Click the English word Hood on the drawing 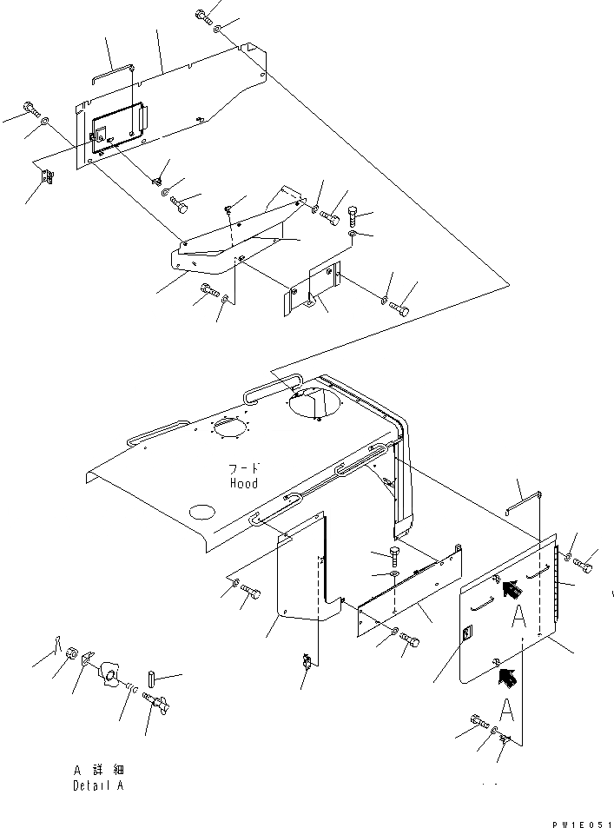coord(243,483)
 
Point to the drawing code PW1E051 coord(581,821)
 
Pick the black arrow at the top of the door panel coord(512,590)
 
